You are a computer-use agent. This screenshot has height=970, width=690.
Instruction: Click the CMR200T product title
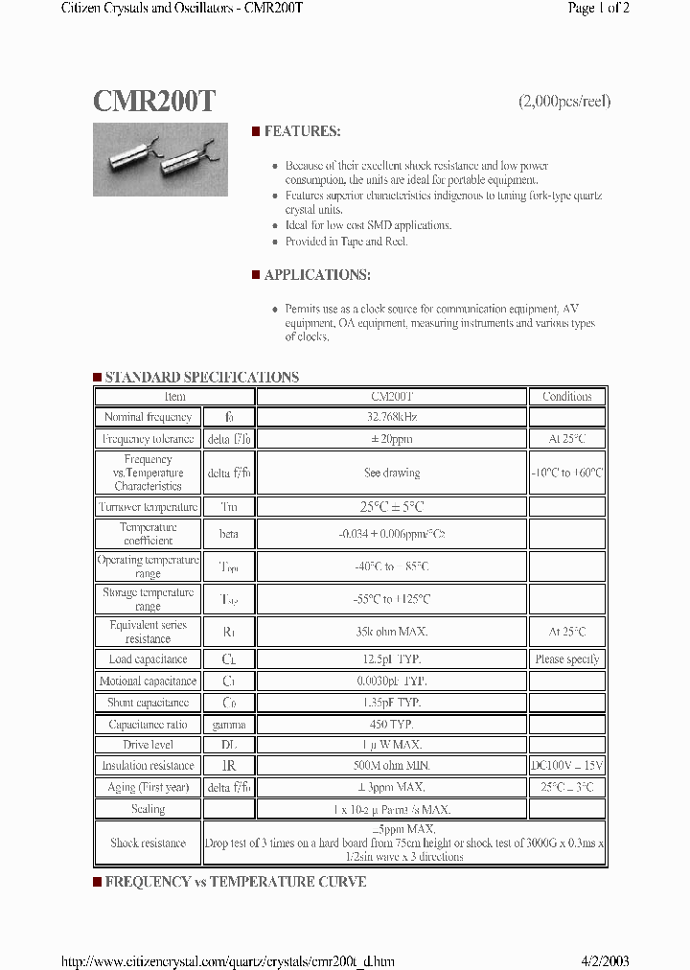[x=154, y=102]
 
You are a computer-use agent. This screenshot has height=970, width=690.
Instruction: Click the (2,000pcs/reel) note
[x=563, y=102]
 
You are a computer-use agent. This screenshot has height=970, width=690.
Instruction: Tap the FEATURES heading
[x=301, y=131]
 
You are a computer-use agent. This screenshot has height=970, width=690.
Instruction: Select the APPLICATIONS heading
[x=316, y=275]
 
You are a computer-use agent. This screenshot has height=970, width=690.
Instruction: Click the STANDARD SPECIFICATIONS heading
[x=201, y=377]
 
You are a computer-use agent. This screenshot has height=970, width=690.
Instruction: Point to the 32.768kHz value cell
[x=392, y=417]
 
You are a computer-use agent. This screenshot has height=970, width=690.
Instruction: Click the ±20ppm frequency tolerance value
[x=392, y=439]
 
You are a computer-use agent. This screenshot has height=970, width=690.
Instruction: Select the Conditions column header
[x=566, y=396]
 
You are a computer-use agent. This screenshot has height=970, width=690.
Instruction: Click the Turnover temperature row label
[x=148, y=507]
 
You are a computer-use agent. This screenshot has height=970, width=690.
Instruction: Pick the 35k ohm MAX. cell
[x=392, y=632]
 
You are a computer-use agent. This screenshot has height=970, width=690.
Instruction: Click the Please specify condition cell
[x=566, y=659]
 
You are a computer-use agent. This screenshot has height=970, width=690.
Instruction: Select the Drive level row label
[x=148, y=745]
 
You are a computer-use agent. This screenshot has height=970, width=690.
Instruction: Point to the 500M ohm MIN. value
[x=392, y=766]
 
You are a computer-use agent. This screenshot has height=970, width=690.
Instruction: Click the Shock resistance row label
[x=148, y=843]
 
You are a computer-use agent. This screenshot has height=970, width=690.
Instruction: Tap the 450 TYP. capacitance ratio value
[x=392, y=725]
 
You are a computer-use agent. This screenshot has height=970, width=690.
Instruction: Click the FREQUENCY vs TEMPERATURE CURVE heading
[x=235, y=882]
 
